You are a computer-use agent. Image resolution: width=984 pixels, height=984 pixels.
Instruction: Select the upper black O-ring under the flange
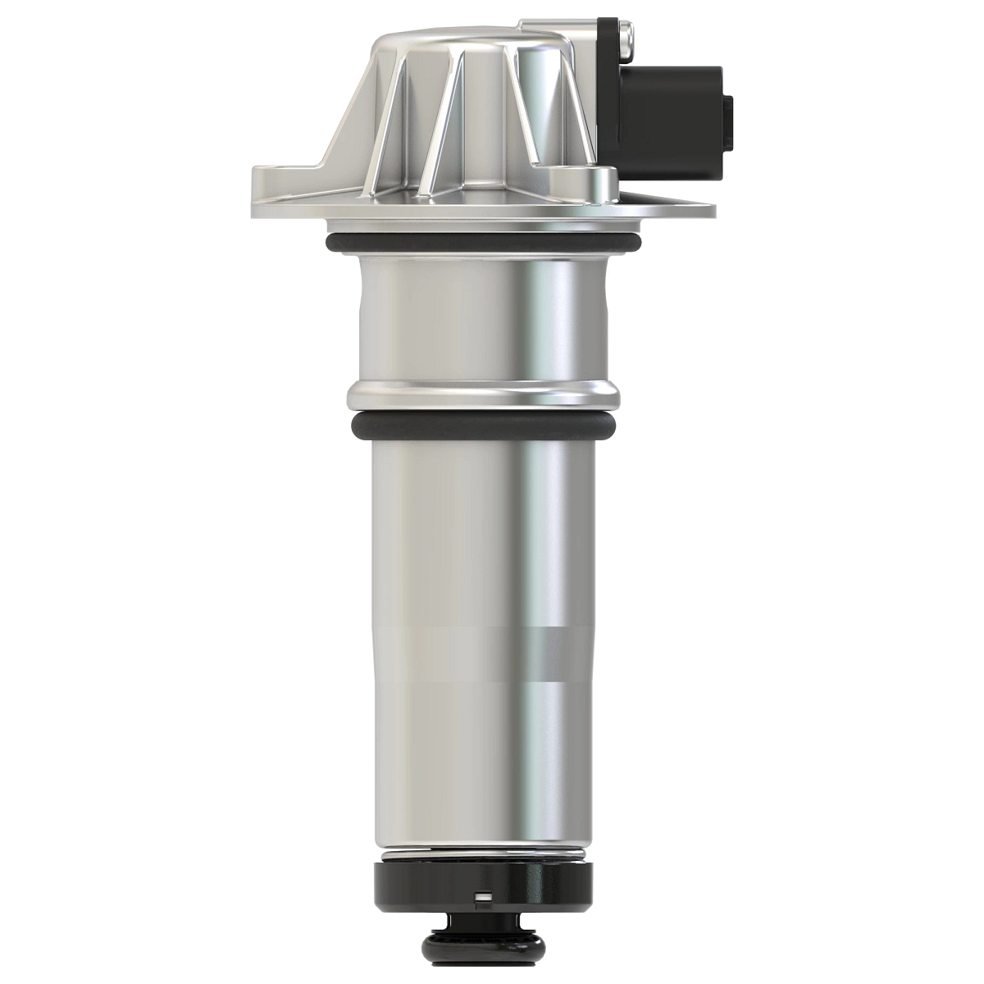[x=484, y=244]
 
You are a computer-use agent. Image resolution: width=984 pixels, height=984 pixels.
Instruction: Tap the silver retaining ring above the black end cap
[x=484, y=858]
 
